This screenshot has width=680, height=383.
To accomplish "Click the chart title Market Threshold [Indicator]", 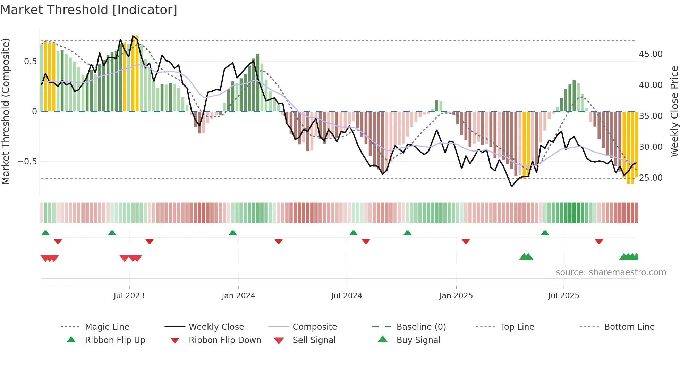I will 89,10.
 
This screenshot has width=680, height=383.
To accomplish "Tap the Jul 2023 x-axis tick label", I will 129,296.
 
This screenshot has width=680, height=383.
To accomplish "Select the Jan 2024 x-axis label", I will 238,296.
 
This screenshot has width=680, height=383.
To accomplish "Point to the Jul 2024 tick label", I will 347,296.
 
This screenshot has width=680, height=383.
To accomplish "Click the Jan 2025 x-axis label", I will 456,296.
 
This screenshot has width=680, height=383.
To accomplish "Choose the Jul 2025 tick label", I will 563,296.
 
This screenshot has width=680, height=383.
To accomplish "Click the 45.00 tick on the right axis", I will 651,54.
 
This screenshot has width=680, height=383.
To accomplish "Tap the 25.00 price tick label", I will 651,178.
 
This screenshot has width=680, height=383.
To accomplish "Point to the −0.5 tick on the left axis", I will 27,162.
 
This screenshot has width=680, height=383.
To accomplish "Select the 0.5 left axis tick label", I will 30,62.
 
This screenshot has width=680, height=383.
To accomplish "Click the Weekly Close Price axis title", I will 674,111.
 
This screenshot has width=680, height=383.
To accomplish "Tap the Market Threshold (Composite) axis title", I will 6,111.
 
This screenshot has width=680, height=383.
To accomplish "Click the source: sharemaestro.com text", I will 611,272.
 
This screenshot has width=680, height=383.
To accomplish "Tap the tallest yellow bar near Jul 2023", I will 137,73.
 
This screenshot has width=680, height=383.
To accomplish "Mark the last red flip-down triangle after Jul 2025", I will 599,241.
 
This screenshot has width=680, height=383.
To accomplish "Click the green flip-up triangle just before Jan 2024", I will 233,233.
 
